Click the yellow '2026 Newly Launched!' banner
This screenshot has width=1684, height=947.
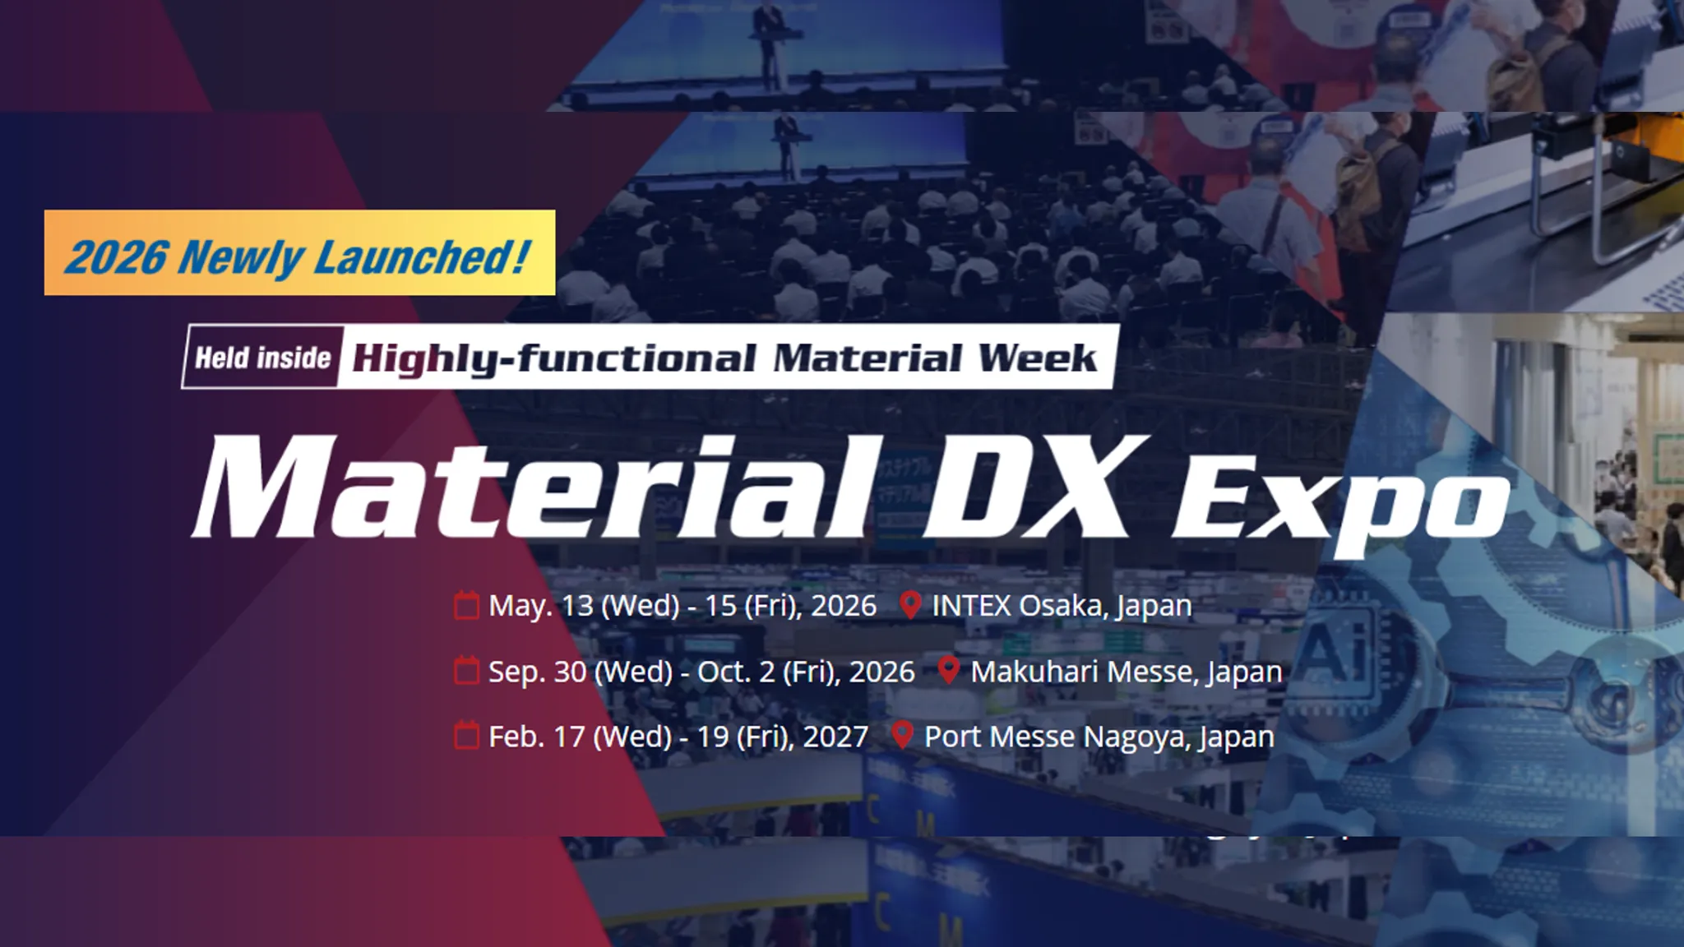coord(299,252)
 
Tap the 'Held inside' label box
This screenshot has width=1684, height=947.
coord(262,358)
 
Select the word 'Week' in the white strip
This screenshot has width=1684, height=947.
coord(1037,358)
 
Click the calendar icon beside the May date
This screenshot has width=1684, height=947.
coord(466,605)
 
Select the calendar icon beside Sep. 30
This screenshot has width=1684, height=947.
coord(466,671)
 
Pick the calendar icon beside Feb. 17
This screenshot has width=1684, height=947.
coord(466,736)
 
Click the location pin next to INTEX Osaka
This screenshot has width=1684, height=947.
coord(909,605)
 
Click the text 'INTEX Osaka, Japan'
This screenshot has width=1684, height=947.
coord(1062,606)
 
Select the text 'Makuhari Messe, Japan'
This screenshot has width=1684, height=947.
coord(1126,672)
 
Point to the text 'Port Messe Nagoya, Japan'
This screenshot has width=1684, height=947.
coord(1099,737)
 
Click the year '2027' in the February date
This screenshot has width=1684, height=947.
coord(835,737)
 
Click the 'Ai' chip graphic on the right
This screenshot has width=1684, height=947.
coord(1335,649)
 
